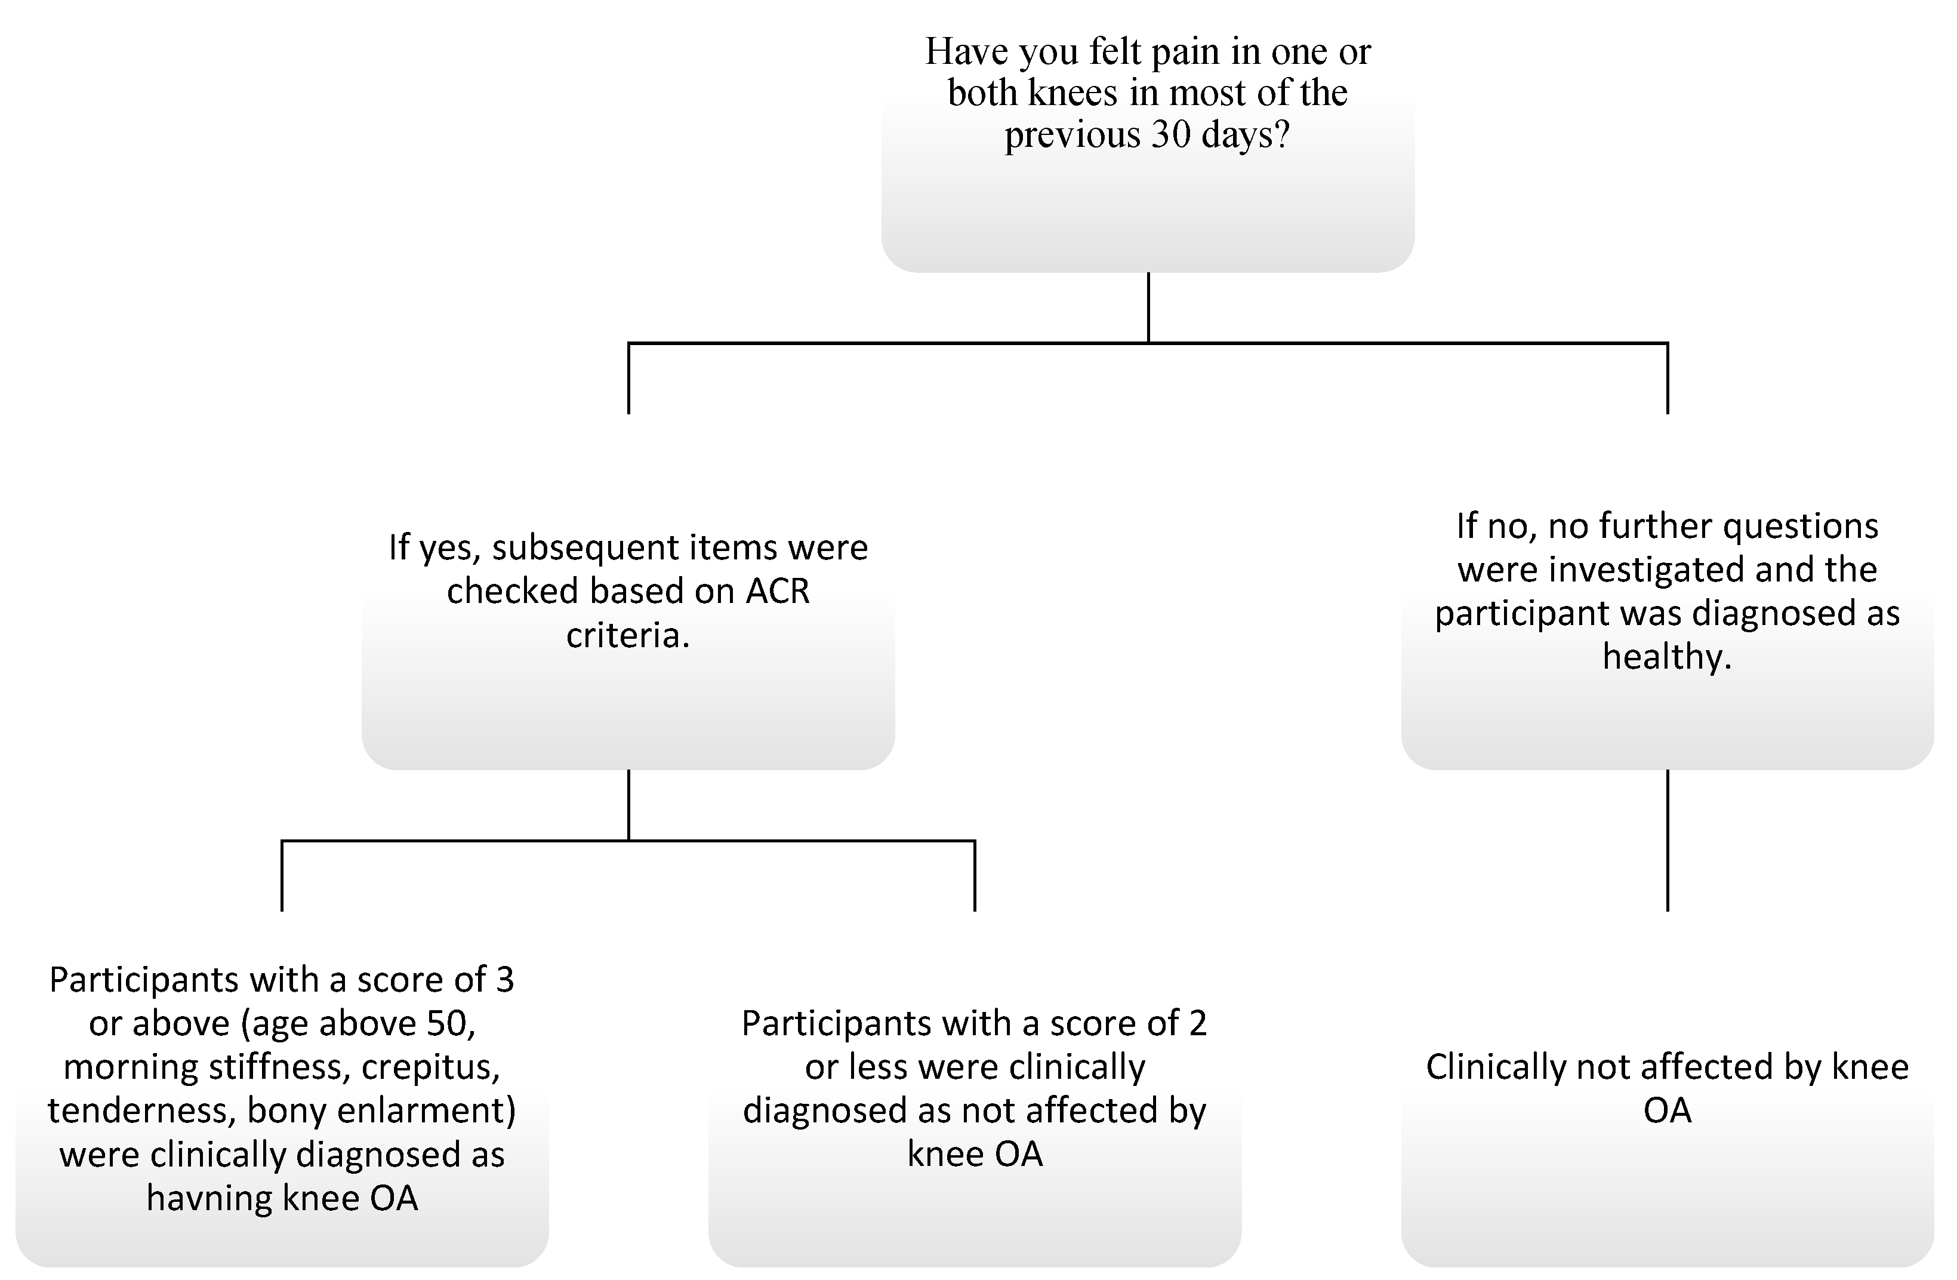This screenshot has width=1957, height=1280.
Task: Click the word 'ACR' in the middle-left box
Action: (x=777, y=590)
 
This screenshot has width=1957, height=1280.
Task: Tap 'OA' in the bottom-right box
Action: (x=1667, y=1110)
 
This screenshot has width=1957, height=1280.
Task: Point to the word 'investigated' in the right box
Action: (x=1654, y=570)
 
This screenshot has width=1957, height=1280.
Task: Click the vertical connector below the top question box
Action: (x=1148, y=307)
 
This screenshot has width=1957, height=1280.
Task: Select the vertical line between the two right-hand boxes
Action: (x=1667, y=839)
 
